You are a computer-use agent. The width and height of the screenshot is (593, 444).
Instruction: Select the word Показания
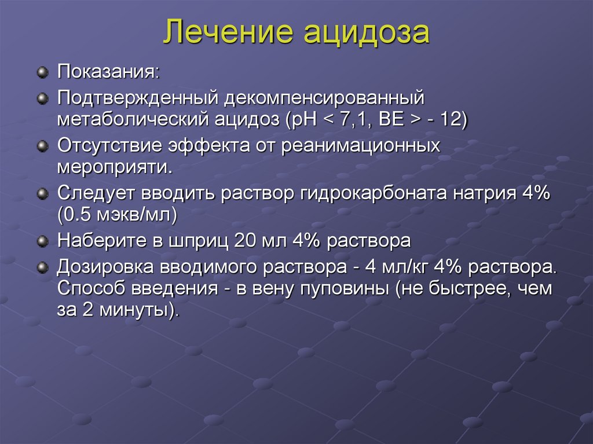[x=108, y=74]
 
